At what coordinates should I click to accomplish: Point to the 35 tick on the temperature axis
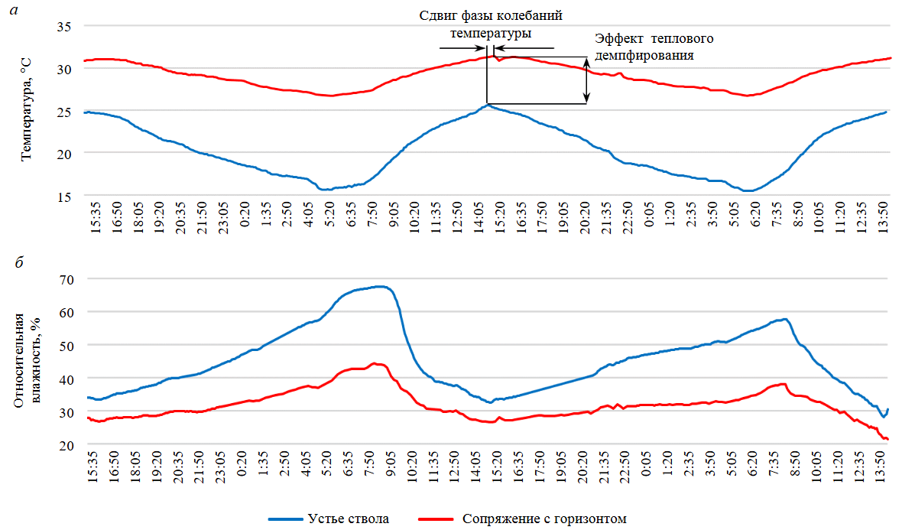(x=64, y=27)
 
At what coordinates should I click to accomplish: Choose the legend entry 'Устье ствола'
(x=349, y=519)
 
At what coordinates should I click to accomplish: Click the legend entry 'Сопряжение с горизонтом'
(x=544, y=519)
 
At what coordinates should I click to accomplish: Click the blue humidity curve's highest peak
(x=380, y=287)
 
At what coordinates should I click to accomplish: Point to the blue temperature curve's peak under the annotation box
(x=487, y=105)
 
